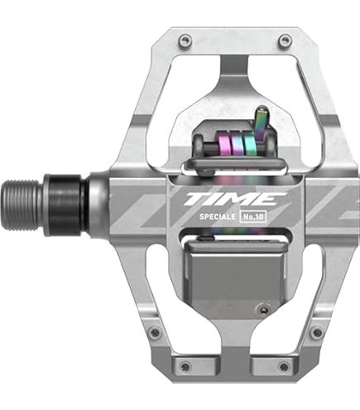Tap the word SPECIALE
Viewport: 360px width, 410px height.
[218, 217]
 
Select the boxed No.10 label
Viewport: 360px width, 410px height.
[254, 216]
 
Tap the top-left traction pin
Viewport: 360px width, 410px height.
[185, 40]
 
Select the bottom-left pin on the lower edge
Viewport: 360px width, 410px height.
[185, 366]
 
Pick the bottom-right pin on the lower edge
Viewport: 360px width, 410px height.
[284, 366]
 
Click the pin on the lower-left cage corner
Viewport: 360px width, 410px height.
[154, 330]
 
